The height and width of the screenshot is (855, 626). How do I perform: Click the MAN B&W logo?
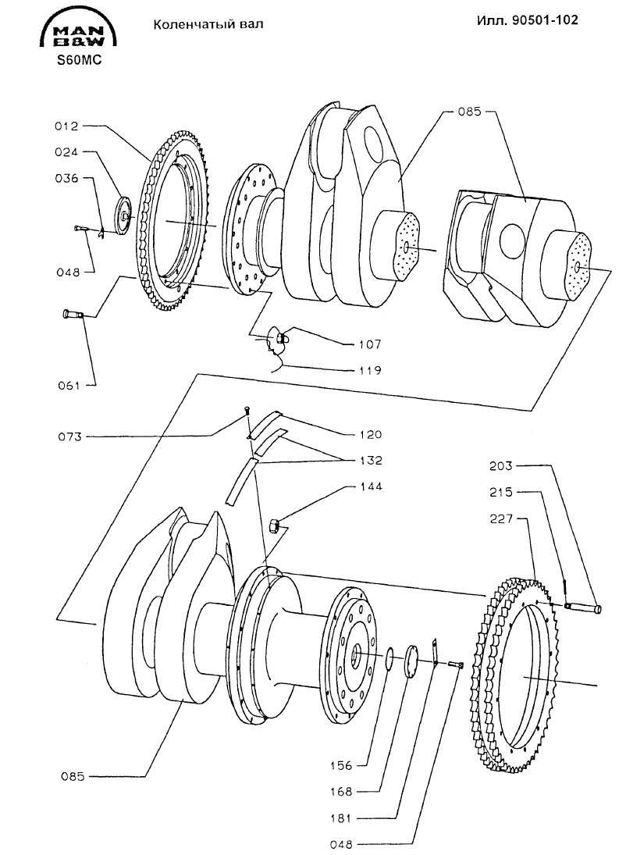[x=78, y=32]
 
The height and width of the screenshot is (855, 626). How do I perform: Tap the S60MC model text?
[x=80, y=61]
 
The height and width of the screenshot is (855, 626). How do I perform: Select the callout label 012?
[x=66, y=126]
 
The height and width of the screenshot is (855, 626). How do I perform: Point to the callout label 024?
[x=66, y=153]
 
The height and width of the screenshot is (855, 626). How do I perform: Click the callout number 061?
[x=69, y=386]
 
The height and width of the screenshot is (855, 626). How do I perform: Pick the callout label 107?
[x=370, y=344]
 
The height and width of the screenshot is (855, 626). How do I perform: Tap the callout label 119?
[x=370, y=371]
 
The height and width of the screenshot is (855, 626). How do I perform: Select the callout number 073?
[x=69, y=436]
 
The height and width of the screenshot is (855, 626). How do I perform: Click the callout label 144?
[x=370, y=486]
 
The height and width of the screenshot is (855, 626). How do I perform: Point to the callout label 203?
[x=500, y=466]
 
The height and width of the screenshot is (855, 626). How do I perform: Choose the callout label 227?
[x=500, y=518]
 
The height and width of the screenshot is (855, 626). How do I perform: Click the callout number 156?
[x=341, y=765]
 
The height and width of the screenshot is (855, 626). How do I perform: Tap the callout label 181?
[x=341, y=818]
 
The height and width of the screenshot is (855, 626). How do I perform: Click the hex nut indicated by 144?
[x=276, y=526]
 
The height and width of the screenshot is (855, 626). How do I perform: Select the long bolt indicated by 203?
[x=583, y=607]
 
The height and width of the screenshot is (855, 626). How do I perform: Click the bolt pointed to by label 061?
[x=72, y=314]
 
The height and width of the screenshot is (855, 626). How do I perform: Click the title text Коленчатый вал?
[x=208, y=24]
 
